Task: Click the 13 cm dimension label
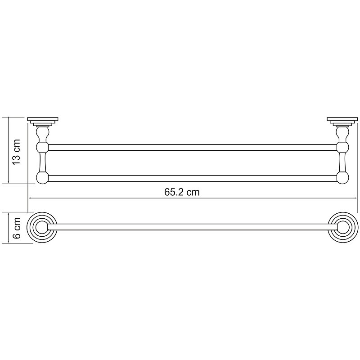(17, 151)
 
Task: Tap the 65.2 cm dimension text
(182, 192)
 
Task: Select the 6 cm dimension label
(17, 228)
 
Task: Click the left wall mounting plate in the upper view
(43, 121)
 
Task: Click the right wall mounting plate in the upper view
(342, 121)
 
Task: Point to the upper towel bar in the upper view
(193, 148)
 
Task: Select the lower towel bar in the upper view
(193, 178)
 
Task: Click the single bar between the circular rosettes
(193, 227)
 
